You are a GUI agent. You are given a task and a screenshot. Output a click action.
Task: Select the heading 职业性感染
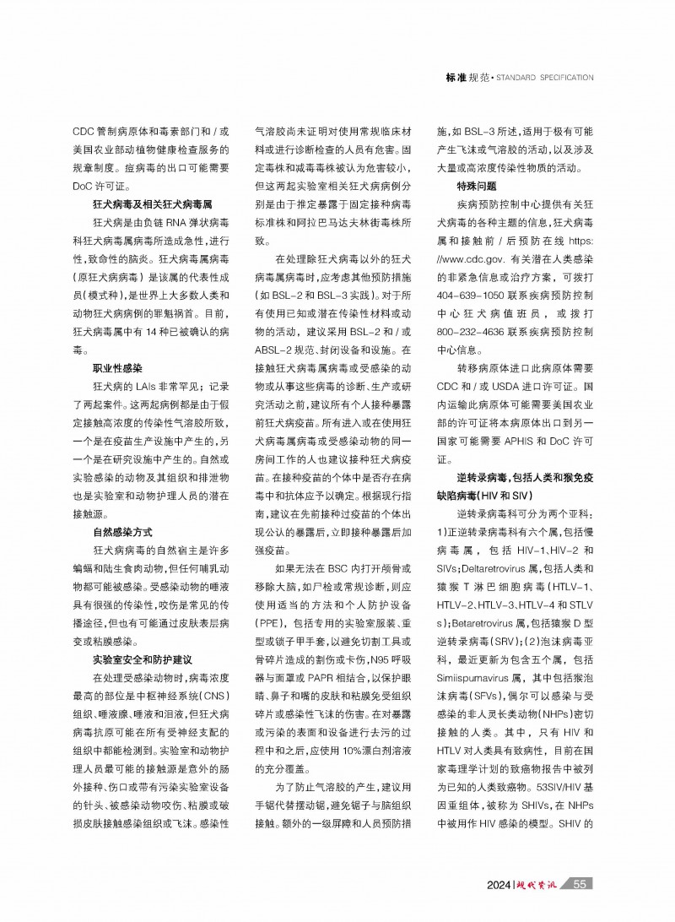[117, 369]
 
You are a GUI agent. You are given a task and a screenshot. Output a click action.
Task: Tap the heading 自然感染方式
[122, 533]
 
